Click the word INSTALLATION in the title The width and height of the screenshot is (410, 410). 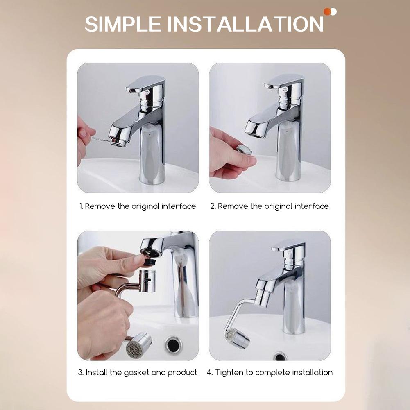pyautogui.click(x=246, y=24)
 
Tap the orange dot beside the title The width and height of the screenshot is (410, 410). pyautogui.click(x=327, y=11)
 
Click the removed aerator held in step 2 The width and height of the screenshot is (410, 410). pyautogui.click(x=244, y=150)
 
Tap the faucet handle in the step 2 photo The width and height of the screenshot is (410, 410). pyautogui.click(x=283, y=82)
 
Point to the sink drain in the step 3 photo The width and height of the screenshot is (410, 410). pyautogui.click(x=173, y=345)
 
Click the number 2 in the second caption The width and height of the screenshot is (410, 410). pyautogui.click(x=213, y=206)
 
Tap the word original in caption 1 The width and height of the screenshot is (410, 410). pyautogui.click(x=145, y=206)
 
